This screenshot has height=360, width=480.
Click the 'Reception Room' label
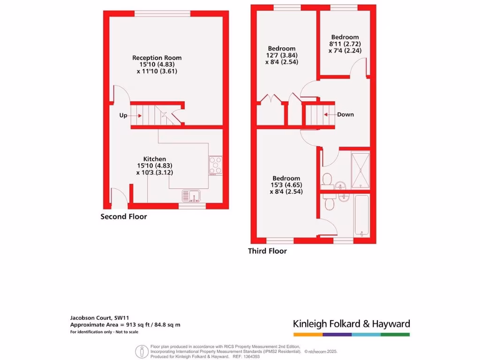(x=157, y=58)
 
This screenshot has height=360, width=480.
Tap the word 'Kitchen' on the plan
(x=155, y=159)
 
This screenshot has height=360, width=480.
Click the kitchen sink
(x=191, y=195)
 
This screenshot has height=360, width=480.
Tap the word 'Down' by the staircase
(x=345, y=115)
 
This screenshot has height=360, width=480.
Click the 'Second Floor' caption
(x=124, y=217)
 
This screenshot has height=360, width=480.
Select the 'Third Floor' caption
(x=267, y=251)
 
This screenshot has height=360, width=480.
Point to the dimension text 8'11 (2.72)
(x=345, y=44)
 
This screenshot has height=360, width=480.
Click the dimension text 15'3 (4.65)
(x=286, y=185)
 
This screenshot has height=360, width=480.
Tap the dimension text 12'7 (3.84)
(x=282, y=55)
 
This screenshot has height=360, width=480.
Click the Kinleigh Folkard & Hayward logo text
(x=352, y=323)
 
